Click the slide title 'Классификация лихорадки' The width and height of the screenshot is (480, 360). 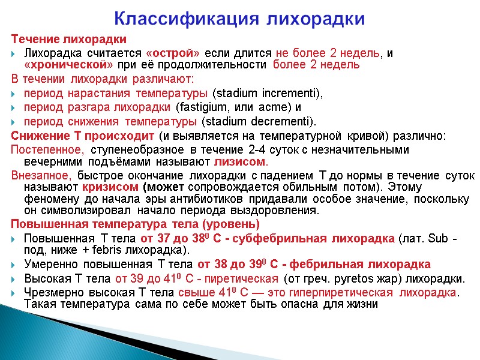239,19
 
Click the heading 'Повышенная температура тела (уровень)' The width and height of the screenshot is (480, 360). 136,224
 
